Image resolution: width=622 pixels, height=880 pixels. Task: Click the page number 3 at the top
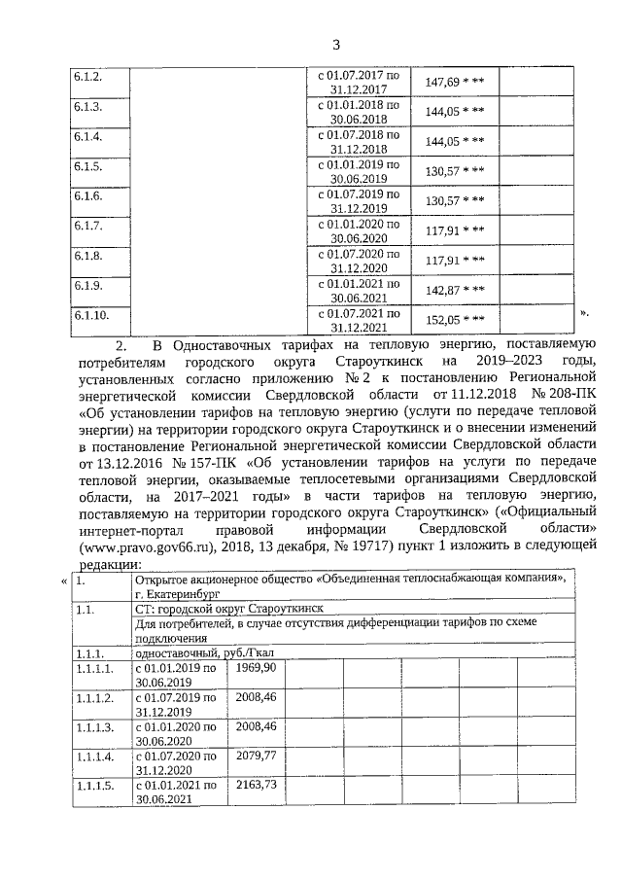click(x=335, y=44)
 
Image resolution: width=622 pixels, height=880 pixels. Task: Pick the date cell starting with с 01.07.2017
click(x=359, y=82)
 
